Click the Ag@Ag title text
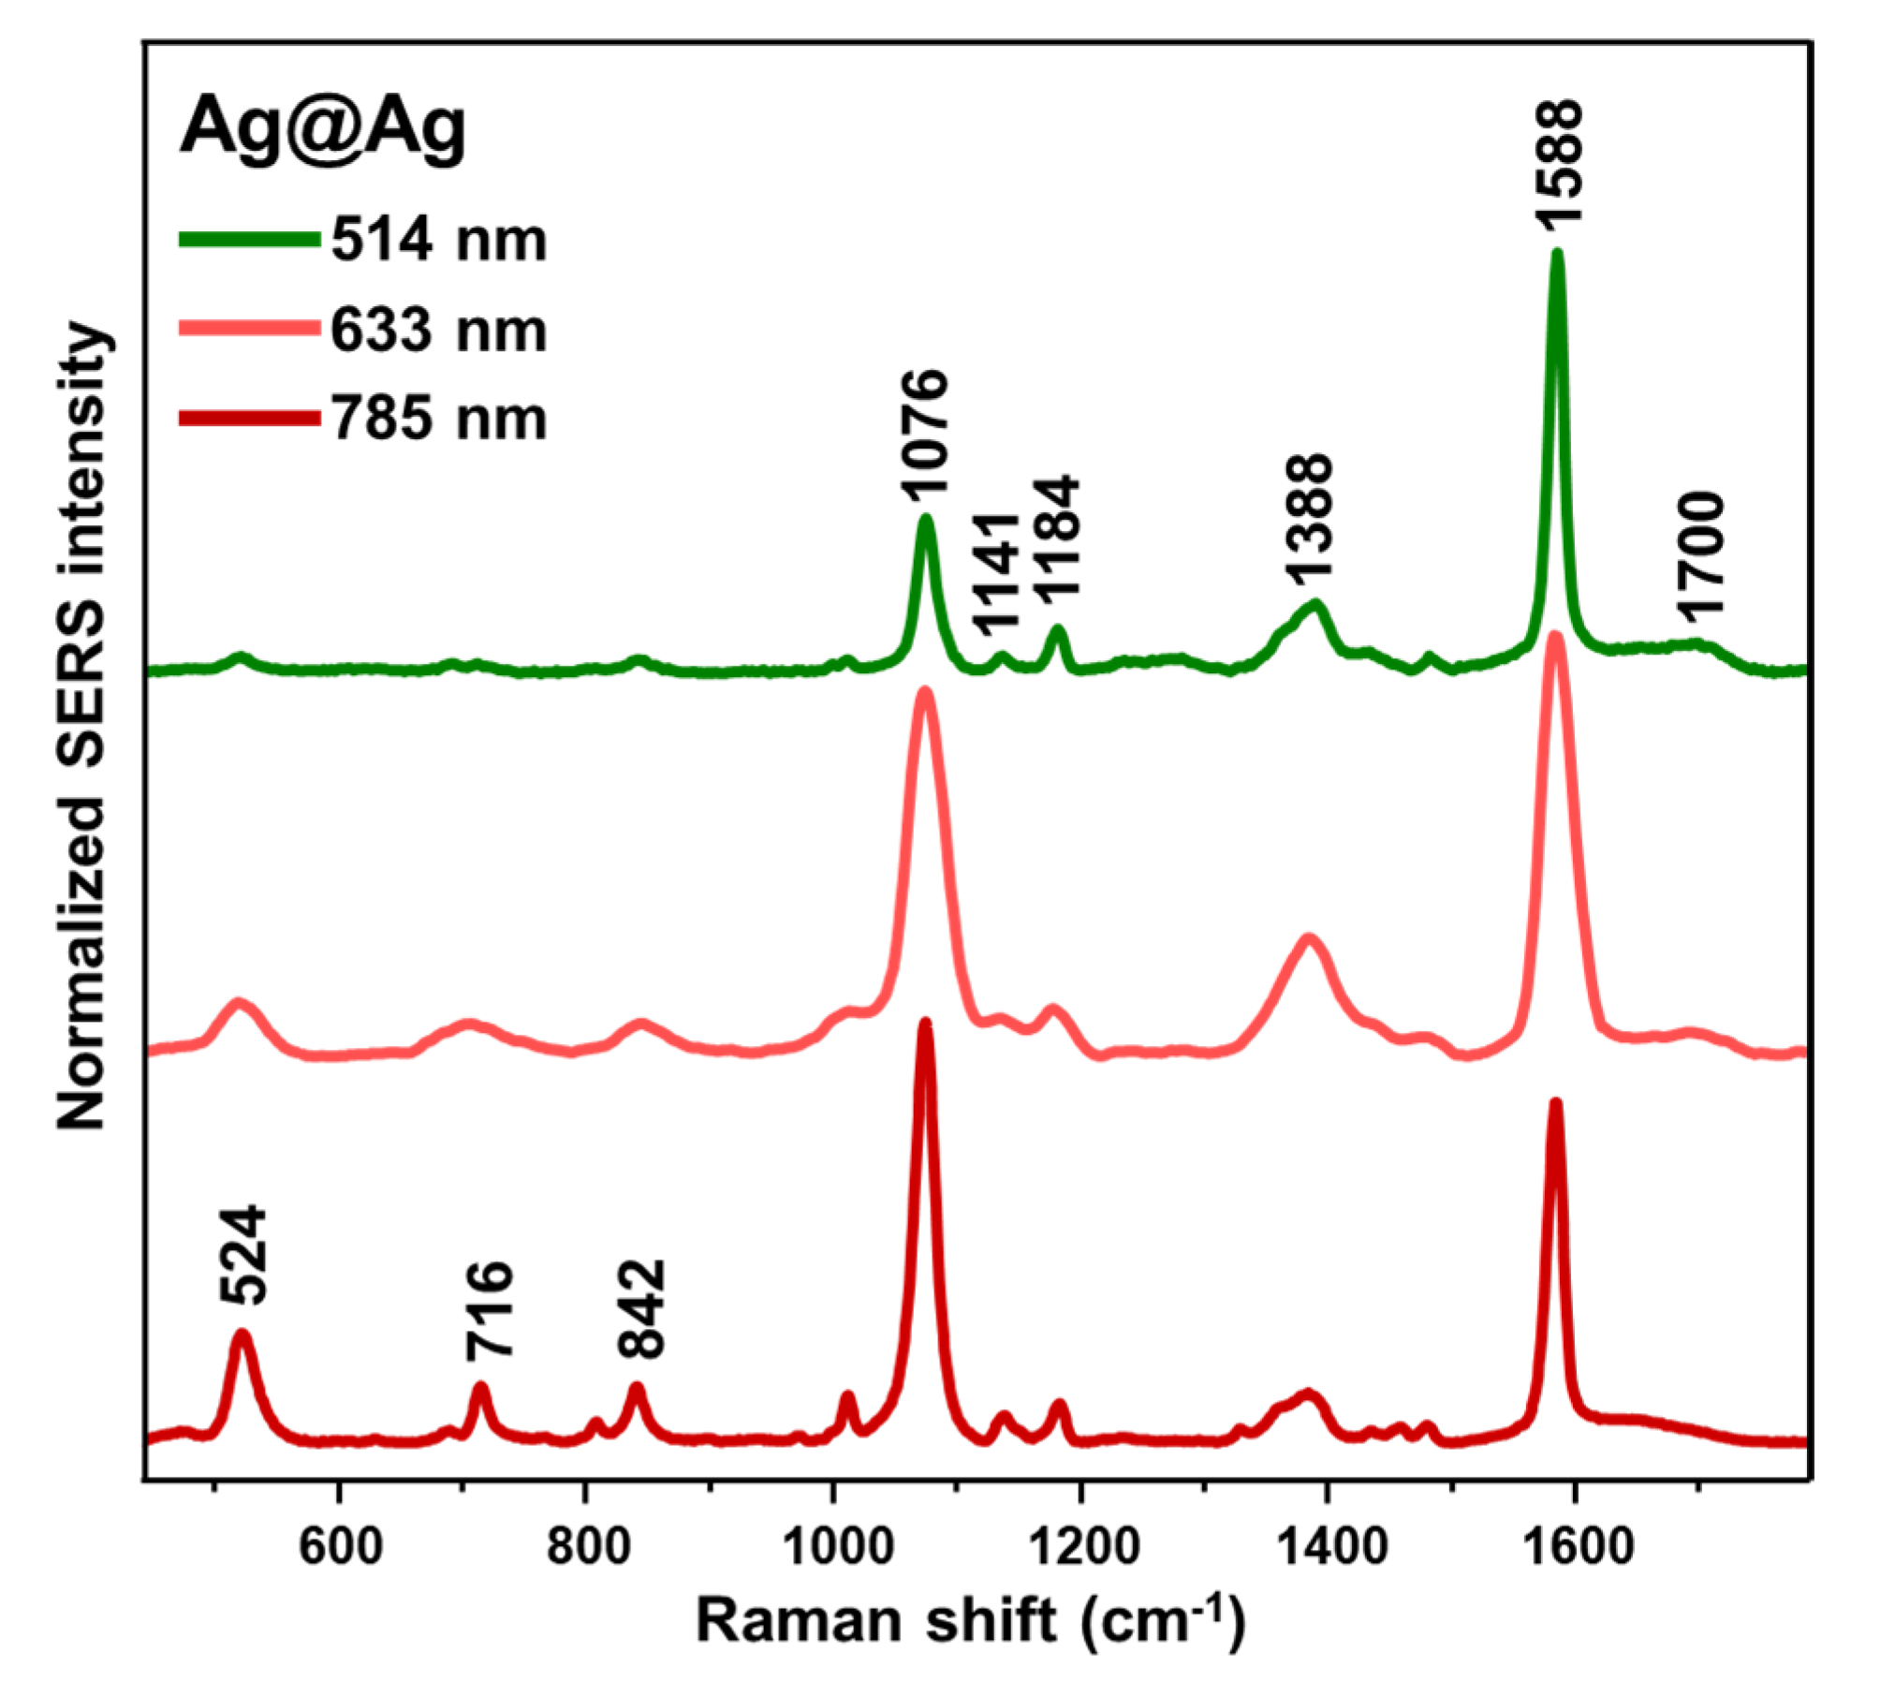click(322, 128)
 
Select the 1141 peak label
click(994, 574)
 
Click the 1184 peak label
click(1058, 536)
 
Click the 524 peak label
click(244, 1255)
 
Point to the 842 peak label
click(641, 1308)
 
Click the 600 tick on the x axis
click(340, 1546)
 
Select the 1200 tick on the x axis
click(1082, 1546)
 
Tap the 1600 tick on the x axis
click(1577, 1546)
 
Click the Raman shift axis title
click(971, 1621)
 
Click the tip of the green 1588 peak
click(1557, 253)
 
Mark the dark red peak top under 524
click(242, 1334)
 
